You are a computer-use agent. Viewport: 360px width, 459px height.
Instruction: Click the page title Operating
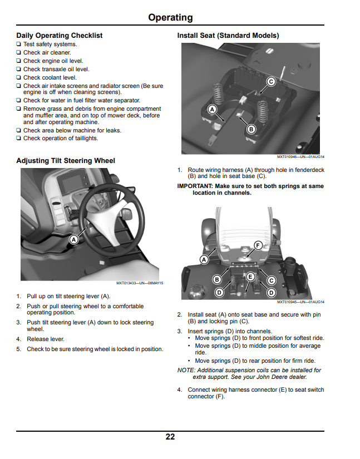[x=170, y=18]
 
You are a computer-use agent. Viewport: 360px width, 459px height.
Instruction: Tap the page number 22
[x=170, y=437]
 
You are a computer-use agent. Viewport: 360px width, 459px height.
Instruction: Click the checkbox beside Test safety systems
[x=18, y=44]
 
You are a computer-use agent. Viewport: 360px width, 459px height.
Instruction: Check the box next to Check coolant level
[x=18, y=77]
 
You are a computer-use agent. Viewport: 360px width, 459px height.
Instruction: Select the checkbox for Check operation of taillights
[x=18, y=138]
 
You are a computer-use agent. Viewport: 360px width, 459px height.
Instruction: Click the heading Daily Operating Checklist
[x=60, y=36]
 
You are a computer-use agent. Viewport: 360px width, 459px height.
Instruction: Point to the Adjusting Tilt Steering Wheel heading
[x=66, y=161]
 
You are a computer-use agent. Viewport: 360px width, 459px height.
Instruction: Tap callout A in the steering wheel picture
[x=74, y=240]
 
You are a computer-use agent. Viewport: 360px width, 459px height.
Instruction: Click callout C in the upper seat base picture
[x=271, y=81]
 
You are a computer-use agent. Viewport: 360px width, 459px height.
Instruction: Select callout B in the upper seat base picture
[x=251, y=129]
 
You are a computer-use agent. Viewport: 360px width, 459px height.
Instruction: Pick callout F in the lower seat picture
[x=258, y=245]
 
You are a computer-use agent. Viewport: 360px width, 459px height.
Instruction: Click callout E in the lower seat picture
[x=250, y=277]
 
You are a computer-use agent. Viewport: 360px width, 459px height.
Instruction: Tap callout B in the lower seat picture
[x=217, y=279]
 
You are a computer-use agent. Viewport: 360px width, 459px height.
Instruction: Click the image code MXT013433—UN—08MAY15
[x=140, y=283]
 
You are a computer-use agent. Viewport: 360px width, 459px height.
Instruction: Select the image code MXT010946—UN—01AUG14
[x=300, y=156]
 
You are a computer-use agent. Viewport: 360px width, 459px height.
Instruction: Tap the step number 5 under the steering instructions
[x=19, y=349]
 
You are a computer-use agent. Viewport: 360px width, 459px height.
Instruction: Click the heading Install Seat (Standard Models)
[x=228, y=36]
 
